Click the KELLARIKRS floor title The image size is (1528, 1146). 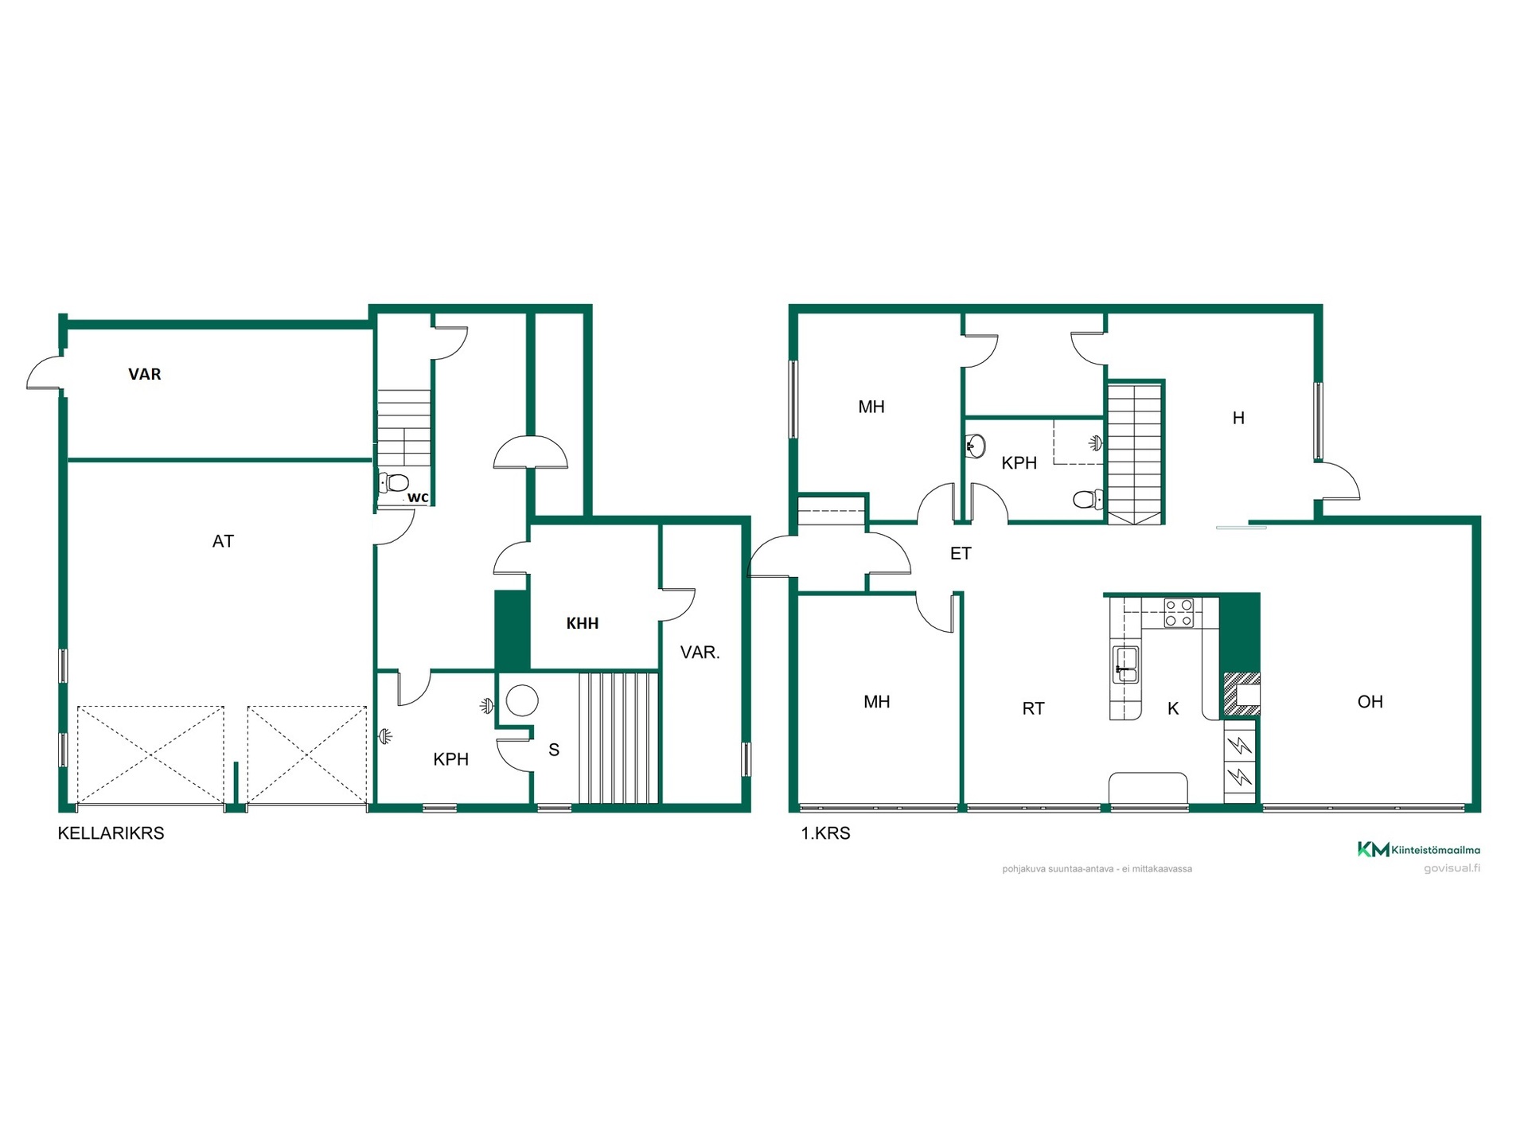[x=111, y=833]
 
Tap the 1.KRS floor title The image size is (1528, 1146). [x=825, y=833]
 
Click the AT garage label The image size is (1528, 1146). [x=223, y=541]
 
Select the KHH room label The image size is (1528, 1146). [x=583, y=623]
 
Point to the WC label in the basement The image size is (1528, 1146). [x=418, y=497]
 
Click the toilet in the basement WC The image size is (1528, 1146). [x=393, y=482]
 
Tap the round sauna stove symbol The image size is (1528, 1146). [x=522, y=700]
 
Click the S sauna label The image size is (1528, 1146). [x=554, y=750]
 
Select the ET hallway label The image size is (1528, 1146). [x=961, y=553]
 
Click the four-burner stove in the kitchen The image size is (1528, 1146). [x=1179, y=613]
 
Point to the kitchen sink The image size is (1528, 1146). [x=1125, y=665]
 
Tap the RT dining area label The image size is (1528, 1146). [x=1033, y=708]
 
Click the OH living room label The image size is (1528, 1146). [x=1370, y=701]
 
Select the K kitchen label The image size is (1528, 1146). [x=1173, y=708]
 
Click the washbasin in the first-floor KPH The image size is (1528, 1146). [x=976, y=446]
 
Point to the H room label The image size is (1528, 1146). [x=1238, y=418]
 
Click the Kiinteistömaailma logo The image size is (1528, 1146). [x=1419, y=849]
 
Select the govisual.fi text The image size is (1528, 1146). [x=1452, y=868]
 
